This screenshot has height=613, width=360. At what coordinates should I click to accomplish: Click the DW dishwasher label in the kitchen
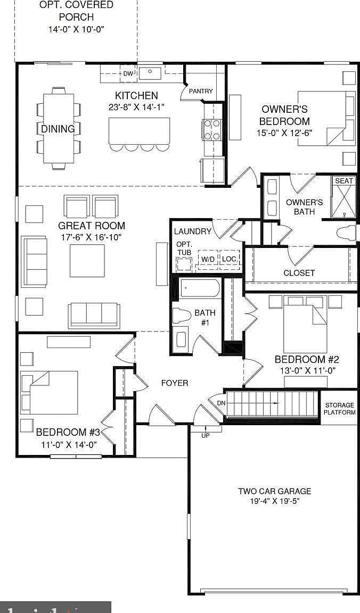[128, 73]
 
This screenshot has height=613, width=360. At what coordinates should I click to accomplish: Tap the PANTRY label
[201, 91]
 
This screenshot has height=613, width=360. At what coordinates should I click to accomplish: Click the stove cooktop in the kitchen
[211, 129]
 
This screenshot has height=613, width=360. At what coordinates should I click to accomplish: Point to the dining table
[59, 128]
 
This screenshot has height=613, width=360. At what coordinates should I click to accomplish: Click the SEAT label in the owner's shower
[343, 181]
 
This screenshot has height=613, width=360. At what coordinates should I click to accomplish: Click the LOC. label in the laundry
[230, 259]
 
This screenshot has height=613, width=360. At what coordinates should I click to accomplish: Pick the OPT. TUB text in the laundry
[184, 248]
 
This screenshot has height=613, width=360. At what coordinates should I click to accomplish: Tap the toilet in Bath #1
[182, 316]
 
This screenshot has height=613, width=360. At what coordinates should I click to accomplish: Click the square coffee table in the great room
[87, 261]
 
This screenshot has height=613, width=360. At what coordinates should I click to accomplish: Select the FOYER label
[175, 383]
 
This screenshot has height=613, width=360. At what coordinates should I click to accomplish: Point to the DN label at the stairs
[221, 403]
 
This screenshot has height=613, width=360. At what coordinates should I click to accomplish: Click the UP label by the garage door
[205, 435]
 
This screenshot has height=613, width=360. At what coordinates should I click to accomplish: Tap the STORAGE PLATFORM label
[340, 409]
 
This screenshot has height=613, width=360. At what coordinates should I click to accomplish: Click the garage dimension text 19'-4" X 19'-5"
[274, 501]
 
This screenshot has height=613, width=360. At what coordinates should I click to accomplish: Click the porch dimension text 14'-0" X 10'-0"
[76, 29]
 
